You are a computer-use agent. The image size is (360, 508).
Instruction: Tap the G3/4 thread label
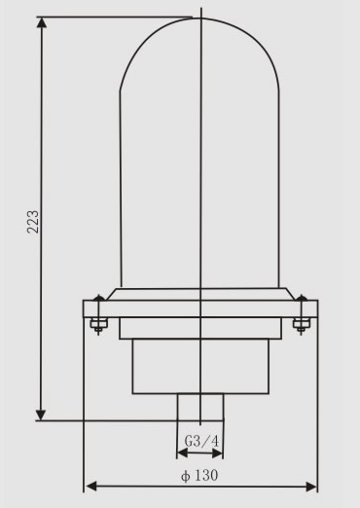tap(199, 442)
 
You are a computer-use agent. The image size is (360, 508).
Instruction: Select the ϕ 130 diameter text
tap(200, 476)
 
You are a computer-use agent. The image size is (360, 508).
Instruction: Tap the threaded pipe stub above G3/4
tap(199, 407)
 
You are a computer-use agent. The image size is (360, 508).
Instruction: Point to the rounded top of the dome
tap(199, 29)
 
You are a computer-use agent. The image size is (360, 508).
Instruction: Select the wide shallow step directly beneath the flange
tap(199, 329)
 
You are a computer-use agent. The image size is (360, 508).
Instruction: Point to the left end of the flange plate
tap(86, 309)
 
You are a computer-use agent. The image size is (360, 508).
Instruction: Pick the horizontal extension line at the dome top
tap(117, 17)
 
